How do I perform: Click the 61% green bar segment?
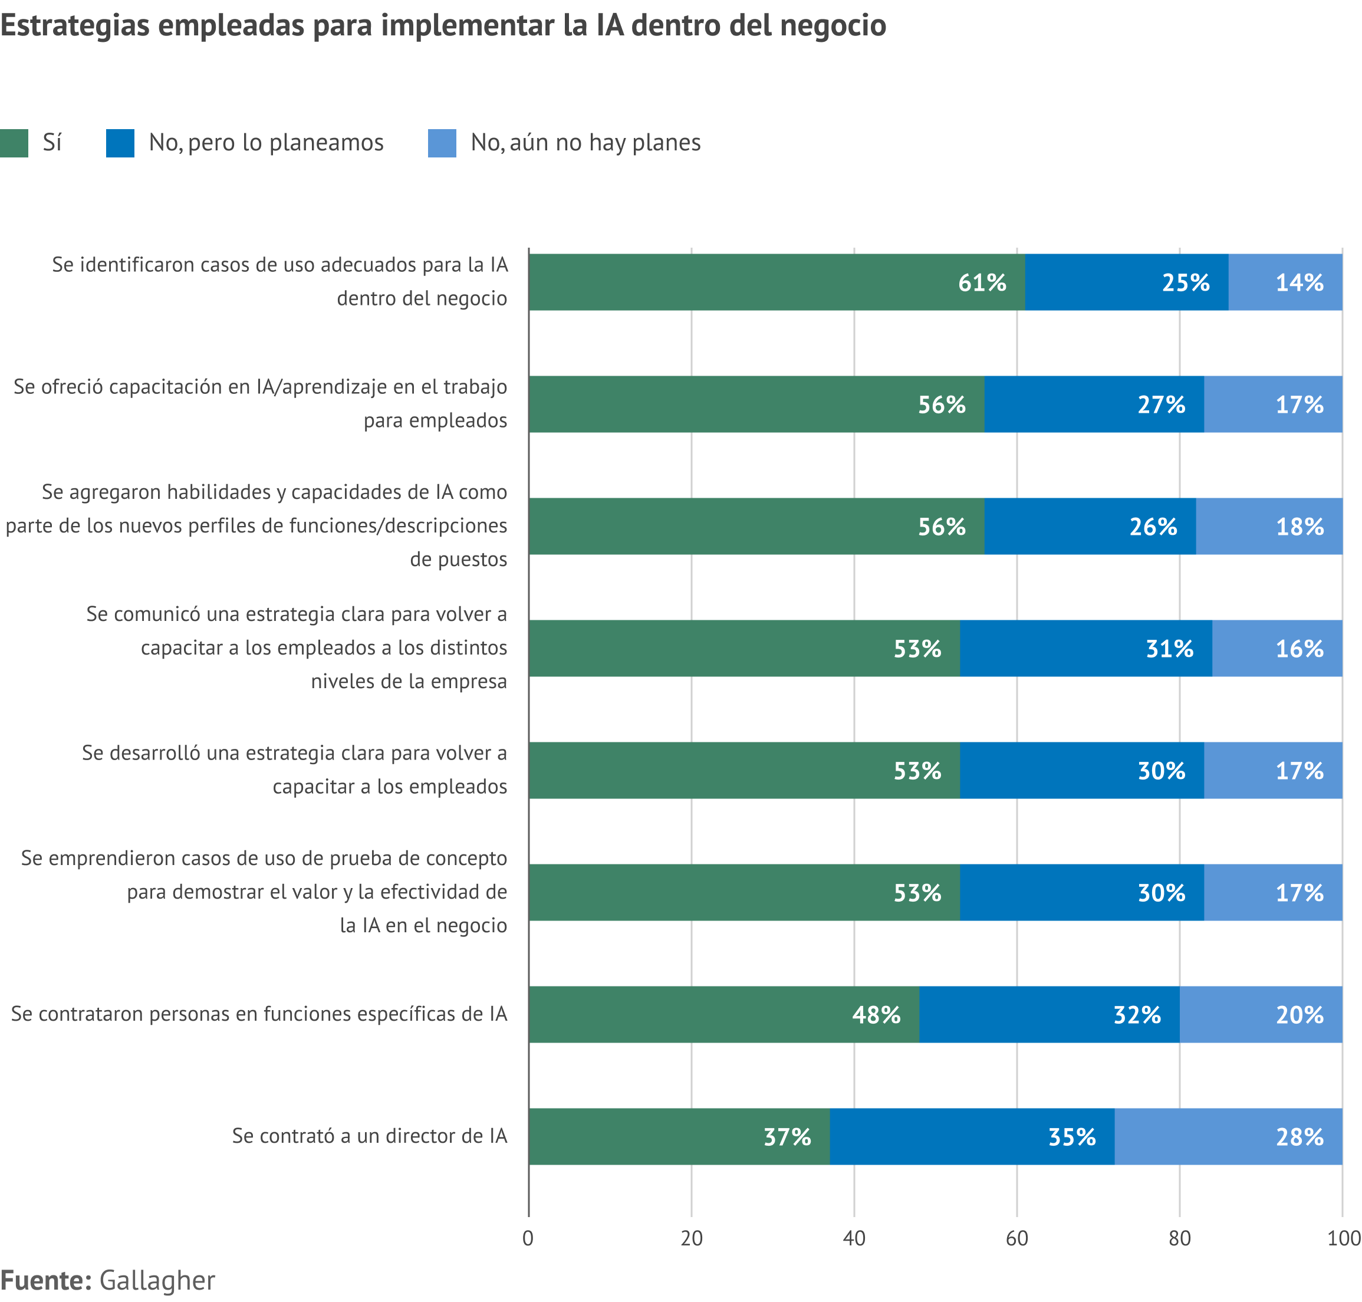click(776, 282)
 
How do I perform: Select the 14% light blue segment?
click(1284, 282)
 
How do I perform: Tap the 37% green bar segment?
click(679, 1136)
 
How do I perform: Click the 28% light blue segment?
click(1228, 1136)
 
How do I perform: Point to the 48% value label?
click(876, 1015)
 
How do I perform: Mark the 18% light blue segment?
click(1268, 526)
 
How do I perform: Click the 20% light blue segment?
click(1260, 1015)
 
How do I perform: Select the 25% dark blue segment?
click(1126, 282)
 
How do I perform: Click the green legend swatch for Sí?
click(14, 143)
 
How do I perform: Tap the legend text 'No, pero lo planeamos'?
click(266, 143)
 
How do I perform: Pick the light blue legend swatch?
click(442, 143)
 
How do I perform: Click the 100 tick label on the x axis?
click(1343, 1238)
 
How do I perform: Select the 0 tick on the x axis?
click(528, 1238)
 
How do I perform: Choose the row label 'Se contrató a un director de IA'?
click(369, 1136)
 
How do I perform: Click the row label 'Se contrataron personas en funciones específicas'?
click(259, 1014)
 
